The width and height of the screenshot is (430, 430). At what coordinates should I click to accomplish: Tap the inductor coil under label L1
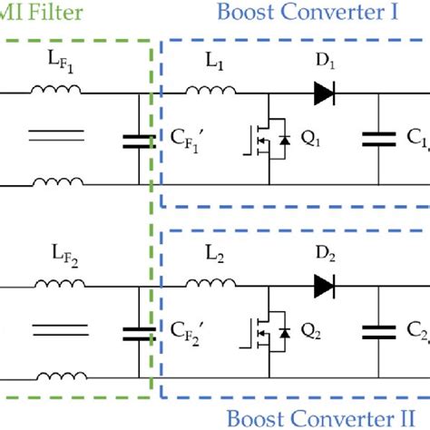point(209,90)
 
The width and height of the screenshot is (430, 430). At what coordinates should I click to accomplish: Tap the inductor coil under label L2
point(209,283)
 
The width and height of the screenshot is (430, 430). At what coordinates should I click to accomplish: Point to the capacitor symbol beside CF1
point(137,141)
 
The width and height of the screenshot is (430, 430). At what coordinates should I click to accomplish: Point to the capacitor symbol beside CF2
point(137,334)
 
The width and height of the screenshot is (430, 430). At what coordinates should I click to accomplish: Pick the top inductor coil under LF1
point(56,90)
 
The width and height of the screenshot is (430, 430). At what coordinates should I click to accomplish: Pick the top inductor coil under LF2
point(56,283)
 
